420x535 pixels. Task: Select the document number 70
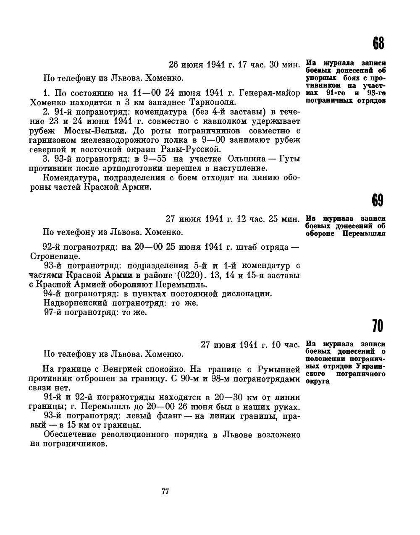[378, 326]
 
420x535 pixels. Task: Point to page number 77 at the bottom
[165, 492]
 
